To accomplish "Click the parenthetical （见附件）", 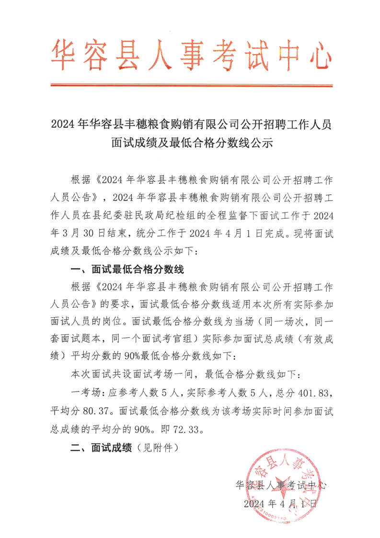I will (x=157, y=448).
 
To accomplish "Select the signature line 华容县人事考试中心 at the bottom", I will (x=281, y=485).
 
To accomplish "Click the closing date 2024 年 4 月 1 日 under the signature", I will (x=280, y=504).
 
